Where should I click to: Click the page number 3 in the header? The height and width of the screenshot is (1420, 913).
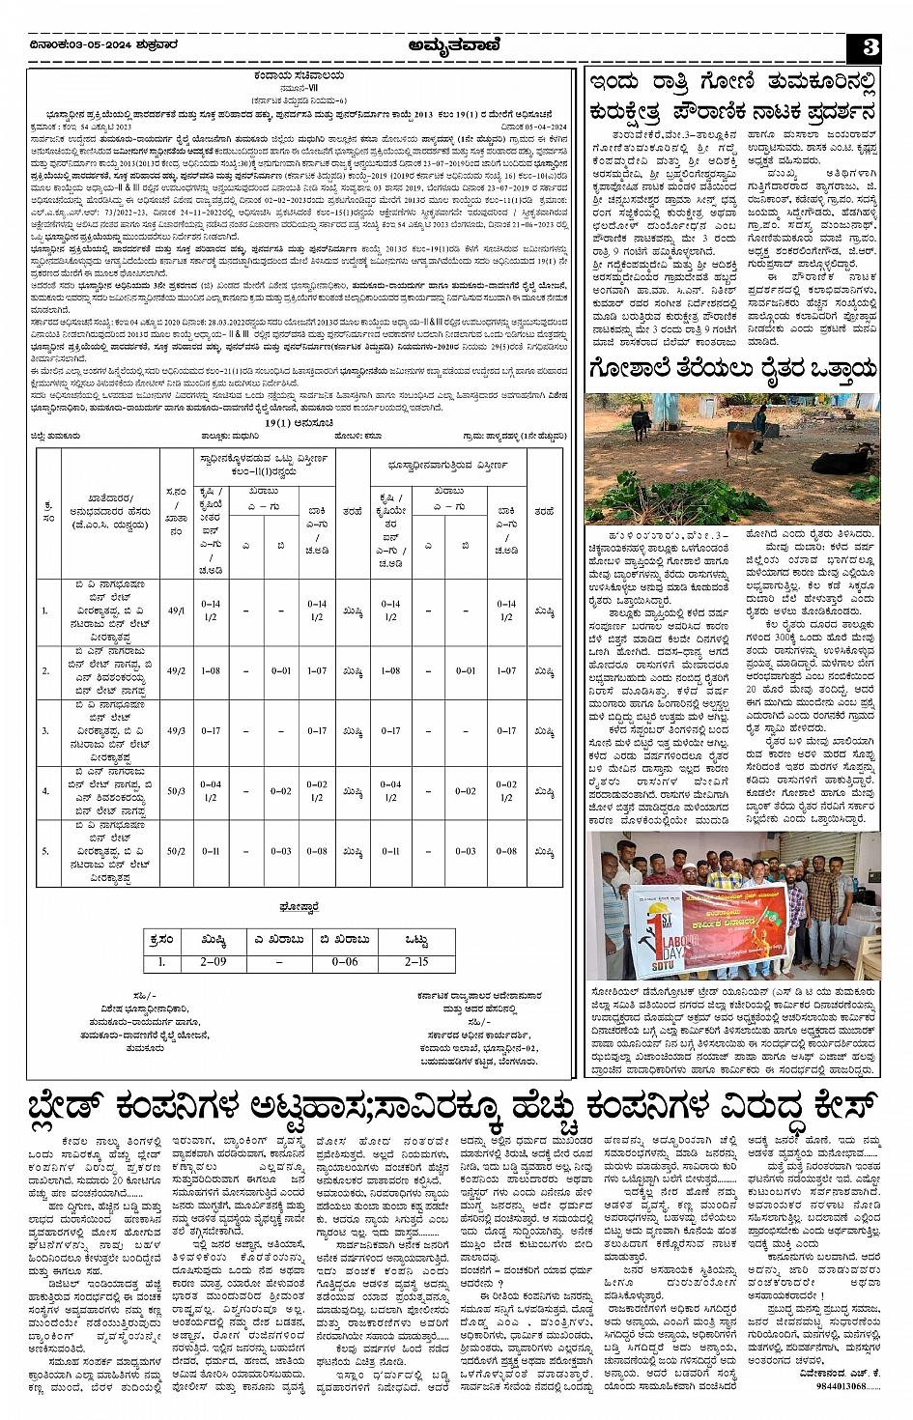pyautogui.click(x=870, y=47)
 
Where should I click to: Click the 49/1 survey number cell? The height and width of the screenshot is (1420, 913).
pyautogui.click(x=177, y=611)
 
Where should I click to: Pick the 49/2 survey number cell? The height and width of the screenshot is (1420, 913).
pyautogui.click(x=177, y=670)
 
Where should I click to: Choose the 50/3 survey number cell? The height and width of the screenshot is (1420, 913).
pyautogui.click(x=177, y=791)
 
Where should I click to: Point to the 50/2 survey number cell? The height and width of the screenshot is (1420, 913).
pyautogui.click(x=177, y=852)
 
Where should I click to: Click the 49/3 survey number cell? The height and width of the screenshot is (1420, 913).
pyautogui.click(x=177, y=731)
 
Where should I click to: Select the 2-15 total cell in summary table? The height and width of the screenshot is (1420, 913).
pyautogui.click(x=416, y=962)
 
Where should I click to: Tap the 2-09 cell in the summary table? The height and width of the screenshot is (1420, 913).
pyautogui.click(x=213, y=962)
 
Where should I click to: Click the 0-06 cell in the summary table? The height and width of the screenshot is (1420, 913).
pyautogui.click(x=345, y=962)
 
